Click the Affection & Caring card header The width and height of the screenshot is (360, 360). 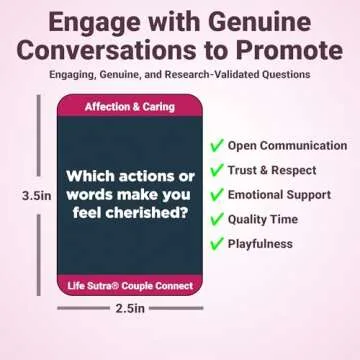pos(129,106)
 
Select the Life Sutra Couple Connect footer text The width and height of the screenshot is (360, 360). pos(129,288)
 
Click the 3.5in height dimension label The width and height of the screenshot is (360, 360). pos(35,197)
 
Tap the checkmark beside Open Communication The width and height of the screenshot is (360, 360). pos(217,146)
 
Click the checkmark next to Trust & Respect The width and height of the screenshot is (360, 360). pos(217,170)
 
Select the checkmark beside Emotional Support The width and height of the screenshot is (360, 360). pos(217,194)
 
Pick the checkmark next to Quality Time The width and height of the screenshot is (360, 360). pos(217,219)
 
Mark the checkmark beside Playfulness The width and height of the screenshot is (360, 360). pos(217,243)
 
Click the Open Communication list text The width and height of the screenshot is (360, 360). pos(287,146)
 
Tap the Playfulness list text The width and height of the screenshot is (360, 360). pos(260,243)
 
